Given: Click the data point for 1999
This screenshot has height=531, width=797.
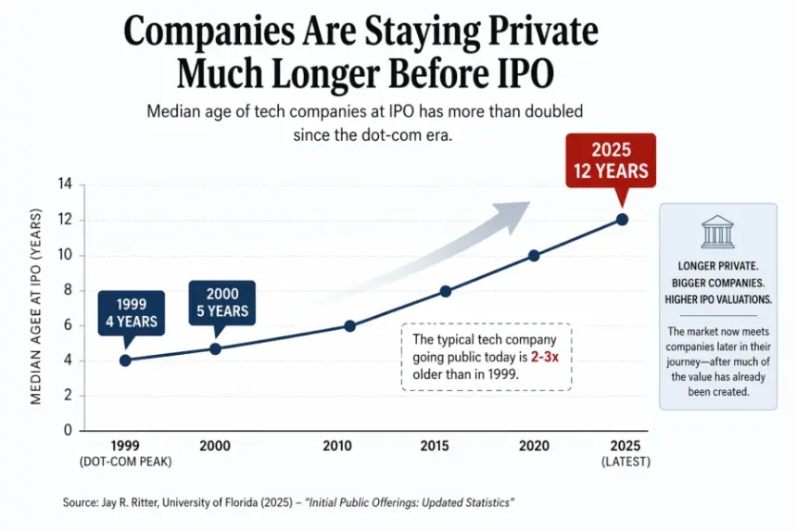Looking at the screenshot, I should click(x=125, y=360).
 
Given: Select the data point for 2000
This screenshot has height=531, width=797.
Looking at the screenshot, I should click(x=215, y=348).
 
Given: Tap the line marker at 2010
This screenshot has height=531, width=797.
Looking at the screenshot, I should click(x=349, y=325).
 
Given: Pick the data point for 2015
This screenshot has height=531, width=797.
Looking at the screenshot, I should click(x=445, y=291).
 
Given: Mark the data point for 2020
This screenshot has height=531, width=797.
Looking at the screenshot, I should click(x=534, y=255).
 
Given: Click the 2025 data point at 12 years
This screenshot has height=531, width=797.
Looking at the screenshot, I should click(x=622, y=220).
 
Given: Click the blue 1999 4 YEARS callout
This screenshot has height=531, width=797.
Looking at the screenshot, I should click(x=131, y=313).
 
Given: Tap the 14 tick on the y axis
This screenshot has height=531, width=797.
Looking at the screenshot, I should click(x=65, y=184).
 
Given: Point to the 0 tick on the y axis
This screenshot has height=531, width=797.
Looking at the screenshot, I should click(x=68, y=431).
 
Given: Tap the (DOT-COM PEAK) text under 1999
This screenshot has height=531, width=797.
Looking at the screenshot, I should click(x=125, y=461).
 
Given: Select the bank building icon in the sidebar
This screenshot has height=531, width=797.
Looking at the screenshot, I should click(x=717, y=232).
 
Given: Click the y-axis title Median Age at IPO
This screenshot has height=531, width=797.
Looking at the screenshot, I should click(x=38, y=307).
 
